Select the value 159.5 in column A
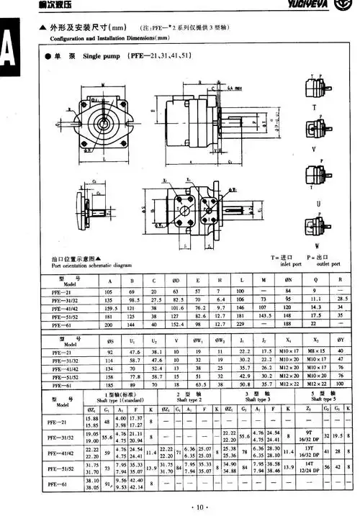click(110, 307)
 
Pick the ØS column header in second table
click(110, 341)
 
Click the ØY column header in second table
click(339, 341)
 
